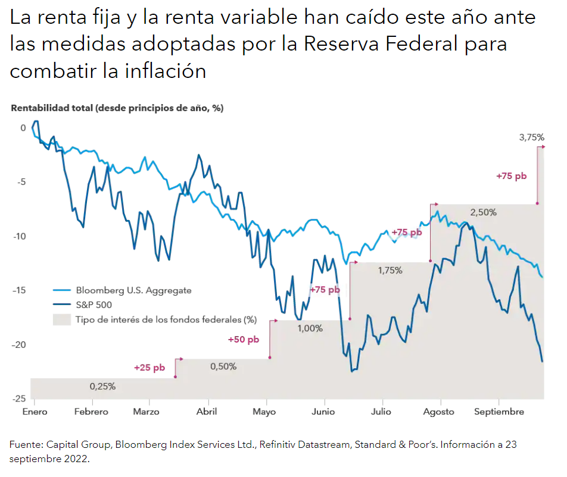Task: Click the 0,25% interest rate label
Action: point(102,386)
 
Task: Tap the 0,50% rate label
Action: point(223,366)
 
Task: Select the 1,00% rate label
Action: point(310,328)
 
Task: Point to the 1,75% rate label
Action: point(390,270)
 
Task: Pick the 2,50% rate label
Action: point(483,212)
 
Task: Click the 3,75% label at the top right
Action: point(532,137)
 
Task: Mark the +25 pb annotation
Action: point(149,368)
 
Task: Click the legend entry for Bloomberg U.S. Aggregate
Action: point(133,290)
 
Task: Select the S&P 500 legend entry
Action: point(94,305)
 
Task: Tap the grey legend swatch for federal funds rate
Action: point(61,319)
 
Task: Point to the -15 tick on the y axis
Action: point(20,290)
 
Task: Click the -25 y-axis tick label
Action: point(20,398)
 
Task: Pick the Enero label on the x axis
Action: point(34,412)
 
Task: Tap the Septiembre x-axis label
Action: point(500,412)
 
